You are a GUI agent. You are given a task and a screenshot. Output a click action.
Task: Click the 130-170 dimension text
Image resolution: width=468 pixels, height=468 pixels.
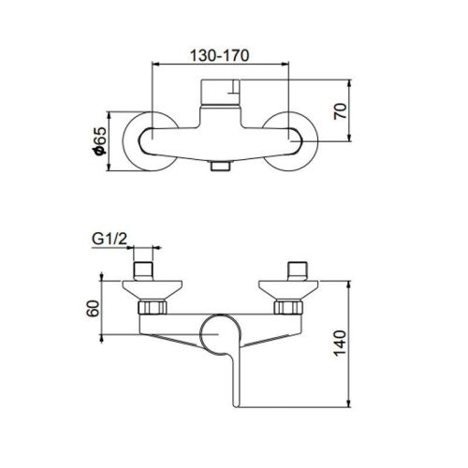pos(222,56)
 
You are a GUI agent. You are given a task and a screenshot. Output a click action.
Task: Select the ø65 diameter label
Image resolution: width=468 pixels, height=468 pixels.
pos(96,141)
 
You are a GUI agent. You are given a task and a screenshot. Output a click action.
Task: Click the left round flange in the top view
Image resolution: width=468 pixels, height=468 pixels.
pos(150,142)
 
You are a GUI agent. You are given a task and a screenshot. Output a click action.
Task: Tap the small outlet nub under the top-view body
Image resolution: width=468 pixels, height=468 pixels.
pos(222,167)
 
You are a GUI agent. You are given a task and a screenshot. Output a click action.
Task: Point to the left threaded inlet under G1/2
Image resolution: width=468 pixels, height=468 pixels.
pos(147,271)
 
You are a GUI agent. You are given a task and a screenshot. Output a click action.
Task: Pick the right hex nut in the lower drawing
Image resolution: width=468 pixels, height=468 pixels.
pos(289,307)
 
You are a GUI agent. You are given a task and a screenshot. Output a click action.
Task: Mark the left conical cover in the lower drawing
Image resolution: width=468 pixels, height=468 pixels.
pos(147,287)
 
